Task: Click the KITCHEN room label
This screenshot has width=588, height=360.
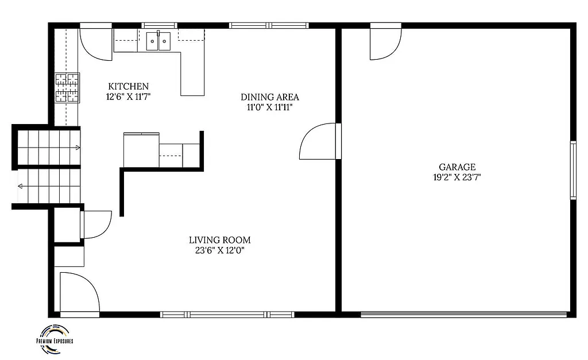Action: (128, 87)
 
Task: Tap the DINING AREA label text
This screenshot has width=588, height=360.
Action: (269, 97)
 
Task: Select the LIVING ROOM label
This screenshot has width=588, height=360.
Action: (220, 240)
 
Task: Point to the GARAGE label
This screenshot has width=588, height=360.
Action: (457, 167)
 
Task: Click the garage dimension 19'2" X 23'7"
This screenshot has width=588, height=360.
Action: (457, 177)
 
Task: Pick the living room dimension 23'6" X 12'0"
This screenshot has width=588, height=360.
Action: (220, 250)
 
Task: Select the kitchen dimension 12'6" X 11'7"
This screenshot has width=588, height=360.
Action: (128, 97)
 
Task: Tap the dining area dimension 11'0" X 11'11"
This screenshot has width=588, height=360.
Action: (269, 107)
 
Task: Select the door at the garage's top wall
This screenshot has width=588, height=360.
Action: (384, 42)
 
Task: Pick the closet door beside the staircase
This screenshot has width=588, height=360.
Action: (96, 224)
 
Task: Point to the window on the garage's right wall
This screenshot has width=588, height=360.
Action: (572, 170)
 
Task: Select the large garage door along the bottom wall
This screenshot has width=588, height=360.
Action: (464, 314)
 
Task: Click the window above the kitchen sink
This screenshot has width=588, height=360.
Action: (158, 25)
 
